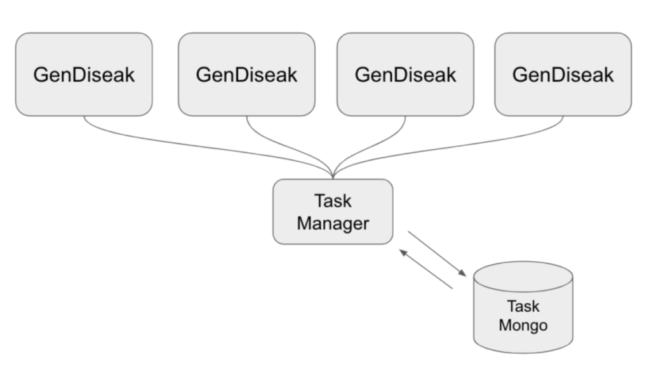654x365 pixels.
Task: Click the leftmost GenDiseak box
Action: pyautogui.click(x=84, y=95)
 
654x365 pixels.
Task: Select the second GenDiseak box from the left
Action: pyautogui.click(x=246, y=95)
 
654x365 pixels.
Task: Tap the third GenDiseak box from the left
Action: pyautogui.click(x=405, y=95)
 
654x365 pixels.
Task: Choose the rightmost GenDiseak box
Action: pyautogui.click(x=563, y=95)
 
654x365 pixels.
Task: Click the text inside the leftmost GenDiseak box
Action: pyautogui.click(x=84, y=75)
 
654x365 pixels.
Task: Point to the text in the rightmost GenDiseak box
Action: pyautogui.click(x=563, y=75)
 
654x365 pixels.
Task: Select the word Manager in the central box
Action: pyautogui.click(x=333, y=223)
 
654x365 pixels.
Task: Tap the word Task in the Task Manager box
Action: pyautogui.click(x=333, y=202)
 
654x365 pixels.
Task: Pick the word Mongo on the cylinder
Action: pyautogui.click(x=524, y=326)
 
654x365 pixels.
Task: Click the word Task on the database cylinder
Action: pyautogui.click(x=524, y=307)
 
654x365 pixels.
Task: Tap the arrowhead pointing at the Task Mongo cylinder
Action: pyautogui.click(x=463, y=273)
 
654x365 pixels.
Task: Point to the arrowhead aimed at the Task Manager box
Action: pyautogui.click(x=402, y=252)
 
